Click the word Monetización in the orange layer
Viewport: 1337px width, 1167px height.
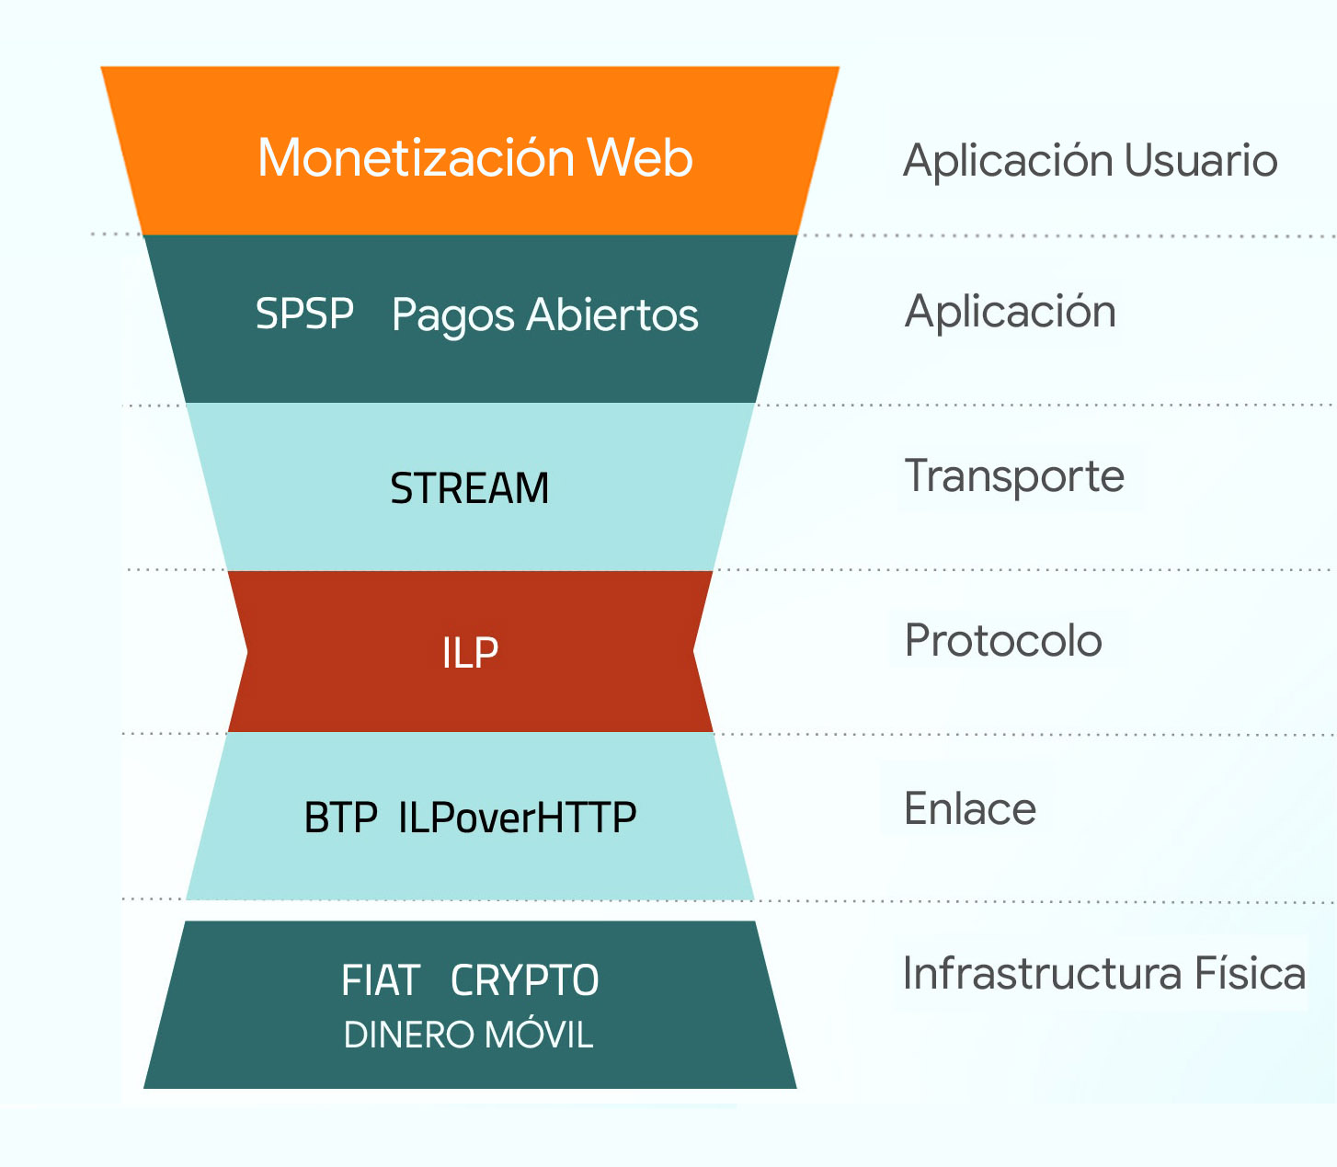pyautogui.click(x=416, y=157)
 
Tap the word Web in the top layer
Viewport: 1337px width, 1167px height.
pyautogui.click(x=640, y=157)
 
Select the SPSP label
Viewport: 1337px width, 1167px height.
pyautogui.click(x=304, y=314)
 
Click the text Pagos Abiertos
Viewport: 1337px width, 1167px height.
pyautogui.click(x=544, y=315)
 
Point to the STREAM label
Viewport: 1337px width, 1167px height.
pyautogui.click(x=469, y=488)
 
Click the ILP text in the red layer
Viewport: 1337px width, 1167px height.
pyautogui.click(x=470, y=653)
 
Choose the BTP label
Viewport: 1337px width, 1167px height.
pyautogui.click(x=340, y=818)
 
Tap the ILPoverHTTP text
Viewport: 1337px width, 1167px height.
pyautogui.click(x=517, y=818)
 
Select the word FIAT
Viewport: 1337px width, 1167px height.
pyautogui.click(x=381, y=980)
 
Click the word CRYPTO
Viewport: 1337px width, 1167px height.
pyautogui.click(x=524, y=980)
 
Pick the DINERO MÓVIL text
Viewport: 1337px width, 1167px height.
pyautogui.click(x=468, y=1035)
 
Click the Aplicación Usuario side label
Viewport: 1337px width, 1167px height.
pyautogui.click(x=1090, y=161)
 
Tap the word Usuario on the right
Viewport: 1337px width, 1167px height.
pyautogui.click(x=1200, y=161)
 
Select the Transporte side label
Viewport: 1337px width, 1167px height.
pyautogui.click(x=1014, y=476)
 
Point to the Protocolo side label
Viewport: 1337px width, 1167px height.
pyautogui.click(x=1003, y=641)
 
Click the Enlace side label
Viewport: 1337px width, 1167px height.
pyautogui.click(x=970, y=809)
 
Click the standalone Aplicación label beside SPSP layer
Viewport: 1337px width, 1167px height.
pyautogui.click(x=1010, y=313)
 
